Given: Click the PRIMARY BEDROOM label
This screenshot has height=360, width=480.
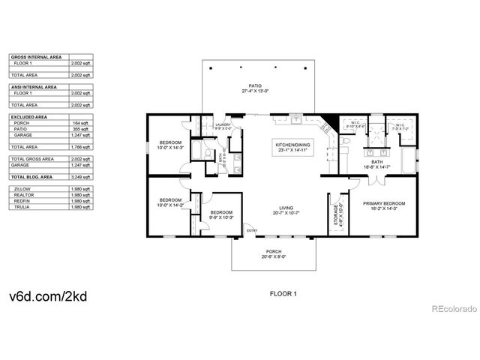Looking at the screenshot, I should coord(384,204).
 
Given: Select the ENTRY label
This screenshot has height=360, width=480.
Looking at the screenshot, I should coord(251,230).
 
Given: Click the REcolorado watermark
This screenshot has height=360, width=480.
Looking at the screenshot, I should coord(451,308).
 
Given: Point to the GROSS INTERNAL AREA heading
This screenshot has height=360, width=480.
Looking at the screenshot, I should coord(35,57).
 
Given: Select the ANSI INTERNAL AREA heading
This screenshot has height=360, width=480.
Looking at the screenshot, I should coord(34,87).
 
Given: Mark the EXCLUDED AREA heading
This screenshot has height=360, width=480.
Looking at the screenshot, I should coord(29,117).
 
